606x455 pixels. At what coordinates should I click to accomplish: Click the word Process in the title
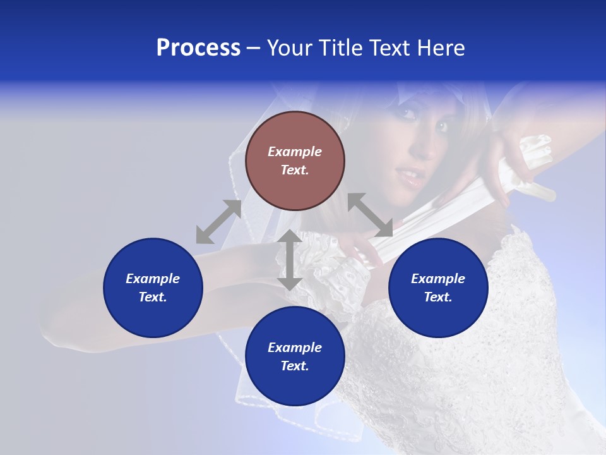pos(198,48)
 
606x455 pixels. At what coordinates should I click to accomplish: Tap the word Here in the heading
pos(439,48)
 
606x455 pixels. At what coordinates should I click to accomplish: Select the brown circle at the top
pos(295,161)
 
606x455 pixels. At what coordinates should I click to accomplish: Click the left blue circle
pos(153,288)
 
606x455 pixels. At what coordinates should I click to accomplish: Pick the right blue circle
pos(438,288)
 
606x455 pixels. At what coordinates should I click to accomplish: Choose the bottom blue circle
pos(295,356)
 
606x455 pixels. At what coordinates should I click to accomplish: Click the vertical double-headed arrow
pos(289,260)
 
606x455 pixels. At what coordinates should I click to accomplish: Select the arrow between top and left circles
pos(218,222)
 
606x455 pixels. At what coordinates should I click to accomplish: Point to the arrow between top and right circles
pos(370,215)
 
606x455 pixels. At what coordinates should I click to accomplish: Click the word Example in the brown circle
pos(295,152)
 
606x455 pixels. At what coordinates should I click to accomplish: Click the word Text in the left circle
pos(153,297)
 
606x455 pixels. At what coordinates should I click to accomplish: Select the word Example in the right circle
pos(438,279)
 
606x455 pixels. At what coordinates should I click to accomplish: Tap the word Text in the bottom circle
pos(295,366)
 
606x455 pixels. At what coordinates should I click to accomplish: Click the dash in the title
pos(254,48)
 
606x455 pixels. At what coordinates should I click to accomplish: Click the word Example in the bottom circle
pos(295,348)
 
